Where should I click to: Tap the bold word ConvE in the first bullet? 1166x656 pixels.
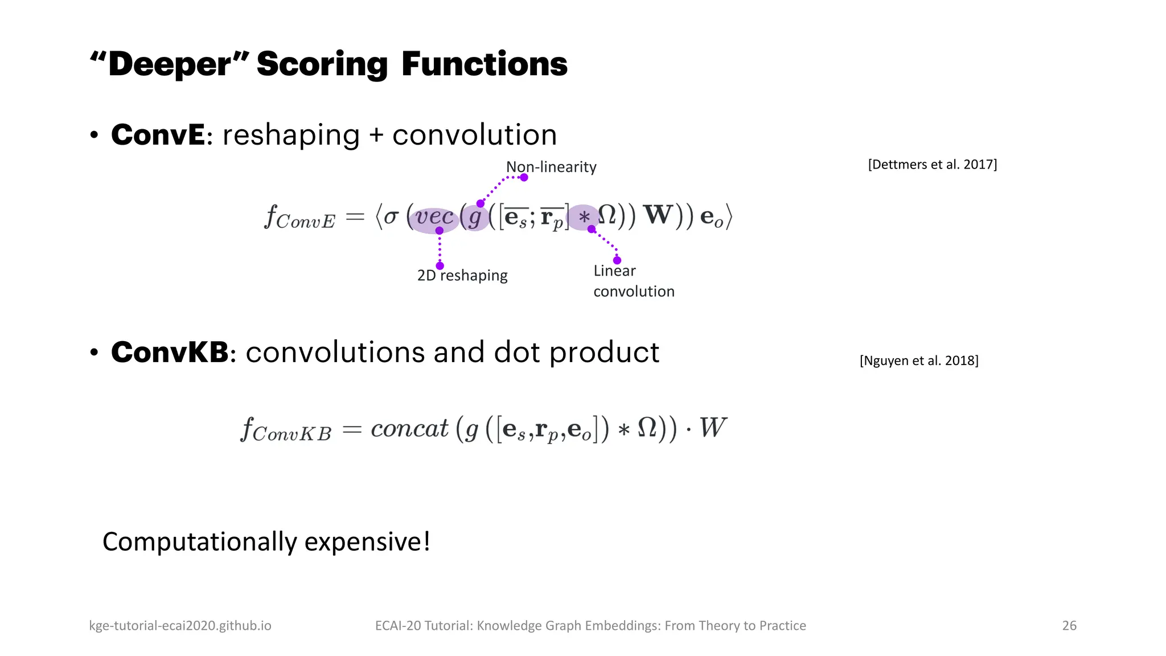coord(158,135)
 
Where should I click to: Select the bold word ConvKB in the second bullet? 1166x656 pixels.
coord(170,352)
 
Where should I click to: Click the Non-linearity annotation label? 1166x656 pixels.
coord(551,167)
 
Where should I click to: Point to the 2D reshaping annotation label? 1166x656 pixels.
coord(462,276)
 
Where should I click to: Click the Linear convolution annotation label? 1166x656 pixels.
coord(633,281)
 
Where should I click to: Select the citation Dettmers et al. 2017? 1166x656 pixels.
coord(932,165)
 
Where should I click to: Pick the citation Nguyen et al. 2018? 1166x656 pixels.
coord(919,360)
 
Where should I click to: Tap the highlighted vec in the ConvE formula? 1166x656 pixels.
coord(434,217)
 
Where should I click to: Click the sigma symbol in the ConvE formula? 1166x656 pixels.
coord(391,217)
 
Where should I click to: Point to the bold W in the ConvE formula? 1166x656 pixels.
coord(658,215)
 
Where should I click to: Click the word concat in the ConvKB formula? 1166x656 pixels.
coord(409,428)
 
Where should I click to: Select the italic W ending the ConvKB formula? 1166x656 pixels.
coord(712,428)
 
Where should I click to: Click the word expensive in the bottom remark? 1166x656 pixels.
coord(367,542)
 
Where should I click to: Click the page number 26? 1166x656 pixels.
coord(1069,625)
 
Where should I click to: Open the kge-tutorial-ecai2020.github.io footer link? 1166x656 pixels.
coord(180,625)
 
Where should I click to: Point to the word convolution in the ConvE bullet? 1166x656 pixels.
coord(474,135)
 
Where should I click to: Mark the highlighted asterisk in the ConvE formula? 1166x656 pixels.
coord(584,217)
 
